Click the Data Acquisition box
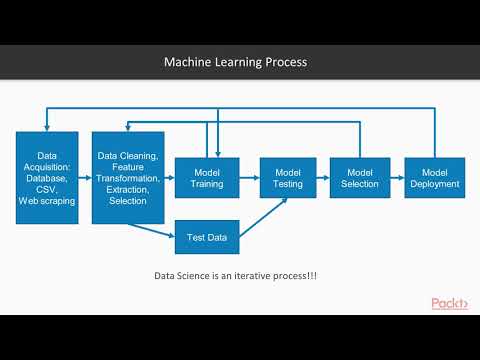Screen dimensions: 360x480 47,177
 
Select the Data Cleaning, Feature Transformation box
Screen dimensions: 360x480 128,177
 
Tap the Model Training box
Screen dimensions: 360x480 206,177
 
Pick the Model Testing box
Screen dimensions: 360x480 288,177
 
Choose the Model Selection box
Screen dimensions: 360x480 358,177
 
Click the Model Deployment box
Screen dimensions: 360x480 433,177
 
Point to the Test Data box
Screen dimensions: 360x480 206,237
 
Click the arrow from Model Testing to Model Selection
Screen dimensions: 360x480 323,177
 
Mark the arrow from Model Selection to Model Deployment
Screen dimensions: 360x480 396,177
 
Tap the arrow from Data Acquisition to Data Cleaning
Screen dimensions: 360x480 84,177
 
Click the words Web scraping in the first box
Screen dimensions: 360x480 47,201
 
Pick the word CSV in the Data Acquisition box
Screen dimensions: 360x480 47,187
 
